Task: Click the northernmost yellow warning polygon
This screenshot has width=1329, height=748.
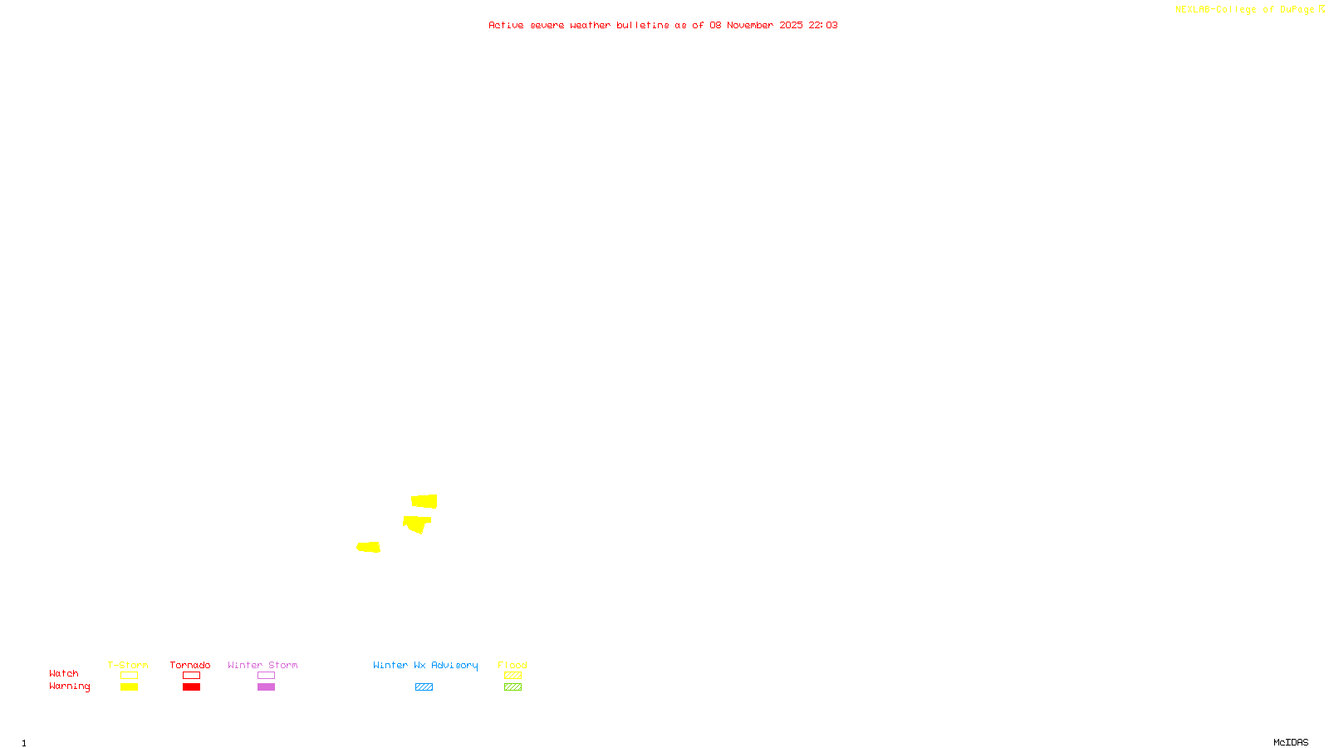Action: pyautogui.click(x=424, y=501)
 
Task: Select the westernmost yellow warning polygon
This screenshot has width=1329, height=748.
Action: pyautogui.click(x=369, y=547)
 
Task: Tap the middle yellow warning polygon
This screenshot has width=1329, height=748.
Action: pyautogui.click(x=415, y=524)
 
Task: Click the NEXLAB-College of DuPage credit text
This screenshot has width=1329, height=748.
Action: pyautogui.click(x=1245, y=10)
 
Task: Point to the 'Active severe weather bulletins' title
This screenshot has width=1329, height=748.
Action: pyautogui.click(x=663, y=25)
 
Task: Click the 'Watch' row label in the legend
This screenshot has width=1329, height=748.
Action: pyautogui.click(x=64, y=673)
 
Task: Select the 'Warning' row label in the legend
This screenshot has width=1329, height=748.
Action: pyautogui.click(x=69, y=686)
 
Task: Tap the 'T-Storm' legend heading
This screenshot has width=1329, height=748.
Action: pyautogui.click(x=128, y=665)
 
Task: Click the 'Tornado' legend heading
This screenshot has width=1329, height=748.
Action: pyautogui.click(x=190, y=665)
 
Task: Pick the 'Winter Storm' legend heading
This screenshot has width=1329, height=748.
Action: pyautogui.click(x=262, y=665)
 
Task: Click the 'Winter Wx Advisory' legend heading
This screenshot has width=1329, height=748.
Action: pyautogui.click(x=425, y=665)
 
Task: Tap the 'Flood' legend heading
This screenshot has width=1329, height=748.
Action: pyautogui.click(x=512, y=665)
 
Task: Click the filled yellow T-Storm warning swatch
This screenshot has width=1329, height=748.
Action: pyautogui.click(x=129, y=687)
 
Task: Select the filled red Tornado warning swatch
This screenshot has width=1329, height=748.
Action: pyautogui.click(x=192, y=687)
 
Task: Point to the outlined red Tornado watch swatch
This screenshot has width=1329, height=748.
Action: pyautogui.click(x=192, y=676)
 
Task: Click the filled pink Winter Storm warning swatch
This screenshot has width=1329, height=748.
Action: pyautogui.click(x=266, y=687)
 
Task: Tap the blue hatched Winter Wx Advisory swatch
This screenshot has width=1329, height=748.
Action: pyautogui.click(x=424, y=687)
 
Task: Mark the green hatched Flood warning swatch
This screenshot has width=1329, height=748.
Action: pyautogui.click(x=512, y=687)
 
